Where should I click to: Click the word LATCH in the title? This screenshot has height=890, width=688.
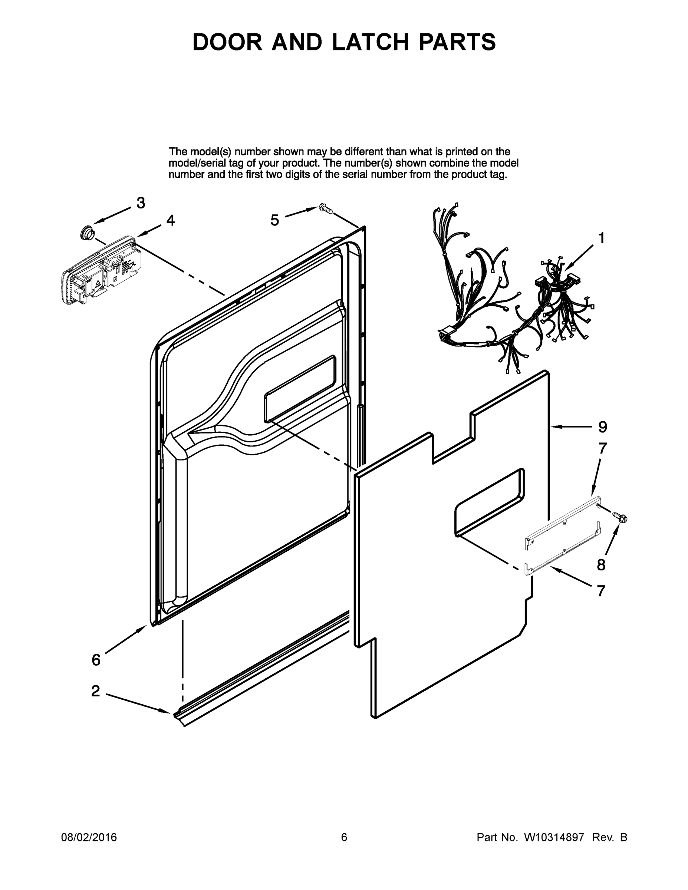370,42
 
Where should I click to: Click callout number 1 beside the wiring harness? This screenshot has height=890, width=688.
601,238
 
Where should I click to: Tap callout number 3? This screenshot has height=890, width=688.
141,203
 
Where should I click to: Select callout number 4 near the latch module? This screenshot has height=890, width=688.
170,221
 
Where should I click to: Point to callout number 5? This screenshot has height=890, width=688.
275,221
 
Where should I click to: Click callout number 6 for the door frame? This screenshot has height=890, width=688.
96,660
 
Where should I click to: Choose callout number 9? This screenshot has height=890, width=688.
602,427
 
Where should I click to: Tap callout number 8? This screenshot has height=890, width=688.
601,565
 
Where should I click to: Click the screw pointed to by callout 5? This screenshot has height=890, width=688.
326,209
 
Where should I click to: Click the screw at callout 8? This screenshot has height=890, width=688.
621,518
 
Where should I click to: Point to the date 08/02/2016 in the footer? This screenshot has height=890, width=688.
89,837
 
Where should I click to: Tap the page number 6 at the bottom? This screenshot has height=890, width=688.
344,837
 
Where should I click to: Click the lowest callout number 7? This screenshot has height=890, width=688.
601,591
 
